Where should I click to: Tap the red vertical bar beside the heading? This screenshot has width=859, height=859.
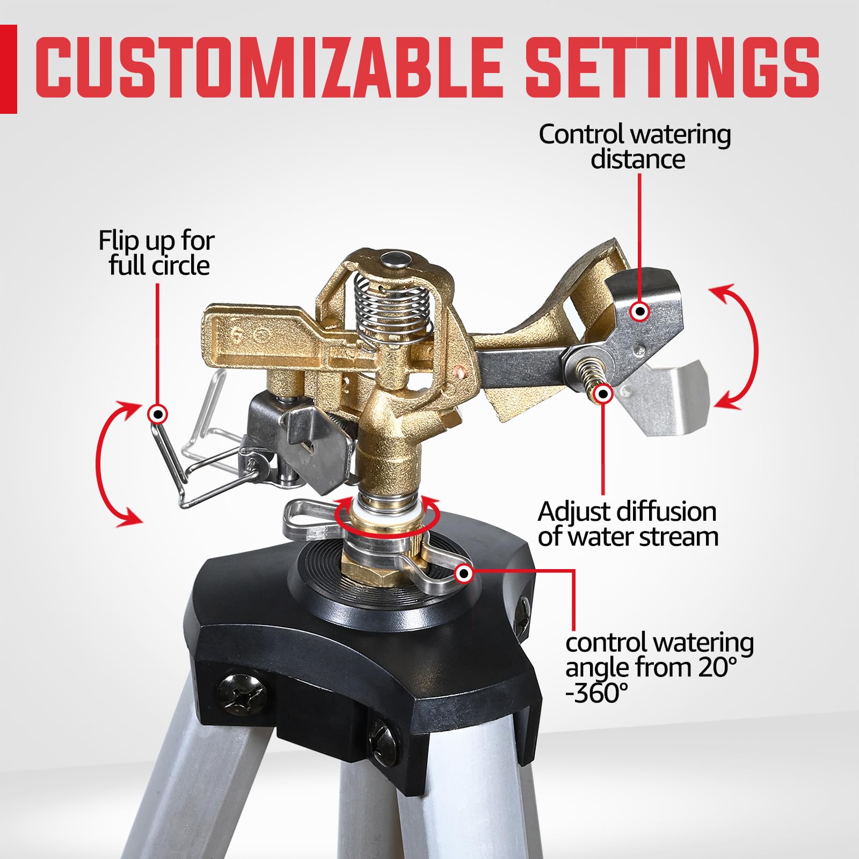click(x=9, y=69)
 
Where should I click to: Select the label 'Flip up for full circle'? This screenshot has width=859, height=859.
click(x=157, y=253)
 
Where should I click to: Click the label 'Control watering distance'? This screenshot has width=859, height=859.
click(x=635, y=147)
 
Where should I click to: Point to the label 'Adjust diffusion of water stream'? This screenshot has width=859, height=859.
click(x=628, y=524)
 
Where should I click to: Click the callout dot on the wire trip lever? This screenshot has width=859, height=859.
click(x=158, y=414)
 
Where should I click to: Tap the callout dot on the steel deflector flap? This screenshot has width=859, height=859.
click(x=639, y=311)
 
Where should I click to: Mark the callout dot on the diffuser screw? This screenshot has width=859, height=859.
click(x=604, y=394)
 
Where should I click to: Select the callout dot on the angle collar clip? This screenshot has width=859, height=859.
click(x=464, y=574)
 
